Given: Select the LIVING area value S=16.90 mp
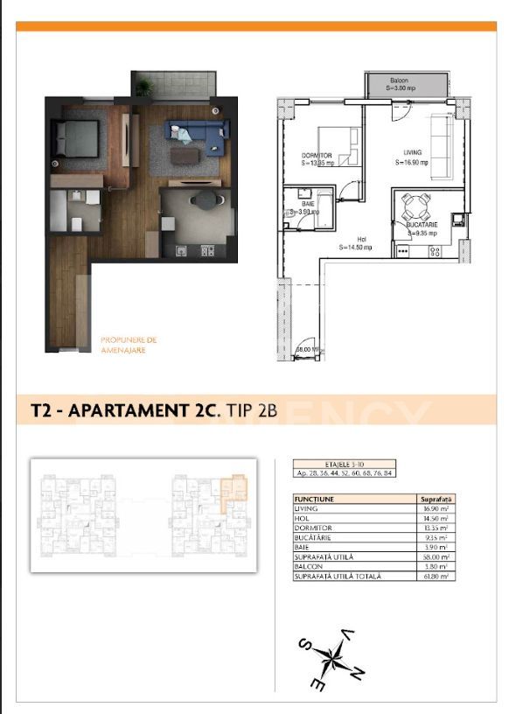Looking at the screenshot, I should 411,162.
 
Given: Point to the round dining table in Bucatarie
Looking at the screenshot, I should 415,208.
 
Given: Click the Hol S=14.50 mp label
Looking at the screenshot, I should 358,242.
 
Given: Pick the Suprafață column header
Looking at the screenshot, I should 435,499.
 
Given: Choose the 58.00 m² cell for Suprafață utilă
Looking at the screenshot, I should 435,557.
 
